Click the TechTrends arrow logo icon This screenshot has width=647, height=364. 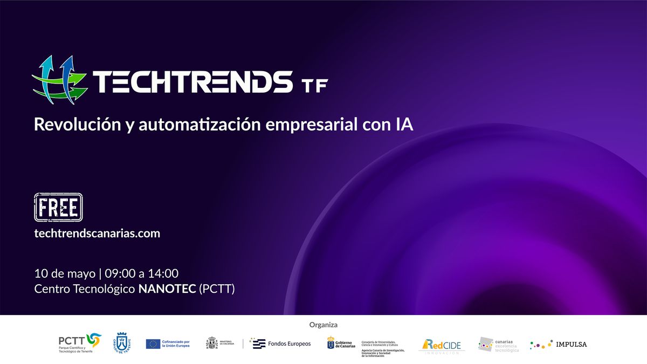59,79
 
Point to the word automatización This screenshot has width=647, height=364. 202,125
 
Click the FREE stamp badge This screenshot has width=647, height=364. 58,207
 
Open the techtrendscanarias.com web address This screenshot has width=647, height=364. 97,233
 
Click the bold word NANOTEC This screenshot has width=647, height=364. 167,289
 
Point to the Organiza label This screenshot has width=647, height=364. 323,325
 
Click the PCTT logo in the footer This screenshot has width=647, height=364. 79,344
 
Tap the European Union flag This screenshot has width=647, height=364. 153,344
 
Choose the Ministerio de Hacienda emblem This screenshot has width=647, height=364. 212,344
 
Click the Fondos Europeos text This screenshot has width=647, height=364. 289,344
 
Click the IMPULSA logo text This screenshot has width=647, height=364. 572,344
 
